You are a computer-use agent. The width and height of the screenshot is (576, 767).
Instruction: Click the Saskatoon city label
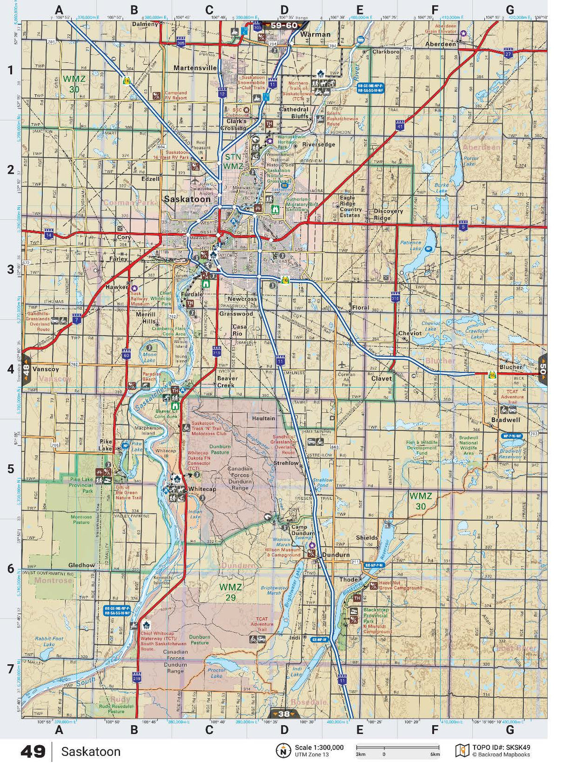[x=187, y=200]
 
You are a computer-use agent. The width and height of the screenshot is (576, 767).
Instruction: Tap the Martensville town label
[x=195, y=68]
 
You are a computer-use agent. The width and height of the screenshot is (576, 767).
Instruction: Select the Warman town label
[x=315, y=35]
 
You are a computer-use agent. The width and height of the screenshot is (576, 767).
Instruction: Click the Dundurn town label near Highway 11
[x=335, y=555]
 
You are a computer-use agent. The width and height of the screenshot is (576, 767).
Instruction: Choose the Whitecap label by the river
[x=202, y=489]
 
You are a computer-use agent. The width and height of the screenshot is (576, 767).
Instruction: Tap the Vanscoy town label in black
[x=46, y=369]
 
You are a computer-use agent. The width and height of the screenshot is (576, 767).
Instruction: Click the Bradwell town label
[x=506, y=420]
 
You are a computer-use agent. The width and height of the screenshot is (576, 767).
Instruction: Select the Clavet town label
[x=381, y=378]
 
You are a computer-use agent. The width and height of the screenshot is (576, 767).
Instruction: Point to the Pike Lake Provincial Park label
[x=81, y=485]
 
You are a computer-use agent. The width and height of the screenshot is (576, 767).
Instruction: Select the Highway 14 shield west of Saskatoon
[x=48, y=234]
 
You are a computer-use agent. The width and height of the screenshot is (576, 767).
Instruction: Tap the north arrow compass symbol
[x=283, y=750]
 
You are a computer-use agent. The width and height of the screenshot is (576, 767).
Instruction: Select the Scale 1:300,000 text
[x=319, y=748]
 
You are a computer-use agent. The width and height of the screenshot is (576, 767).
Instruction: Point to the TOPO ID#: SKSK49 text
[x=501, y=748]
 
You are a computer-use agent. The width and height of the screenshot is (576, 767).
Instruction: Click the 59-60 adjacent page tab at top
[x=284, y=26]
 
